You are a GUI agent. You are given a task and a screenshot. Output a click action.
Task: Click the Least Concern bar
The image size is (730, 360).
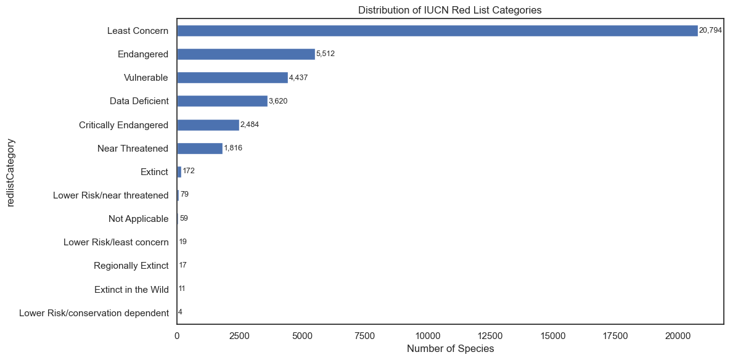(437, 31)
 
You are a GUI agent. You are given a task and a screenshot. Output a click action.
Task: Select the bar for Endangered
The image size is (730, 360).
(246, 54)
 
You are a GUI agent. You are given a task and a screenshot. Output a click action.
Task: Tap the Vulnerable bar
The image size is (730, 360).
(232, 78)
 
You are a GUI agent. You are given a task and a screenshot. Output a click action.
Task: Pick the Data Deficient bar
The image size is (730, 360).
(222, 101)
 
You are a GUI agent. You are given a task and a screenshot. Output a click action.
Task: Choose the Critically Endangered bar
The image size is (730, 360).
(208, 125)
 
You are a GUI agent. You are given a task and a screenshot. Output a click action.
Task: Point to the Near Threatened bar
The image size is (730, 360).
(200, 149)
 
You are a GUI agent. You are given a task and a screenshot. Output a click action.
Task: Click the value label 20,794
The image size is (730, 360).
(710, 31)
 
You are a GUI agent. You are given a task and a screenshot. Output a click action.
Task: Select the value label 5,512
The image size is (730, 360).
(325, 54)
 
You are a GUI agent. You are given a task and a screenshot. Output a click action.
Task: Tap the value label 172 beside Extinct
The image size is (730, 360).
(189, 171)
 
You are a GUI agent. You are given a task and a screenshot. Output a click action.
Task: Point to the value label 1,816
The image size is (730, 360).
(233, 149)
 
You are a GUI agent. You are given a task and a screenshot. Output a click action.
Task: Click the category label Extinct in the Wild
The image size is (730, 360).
(131, 290)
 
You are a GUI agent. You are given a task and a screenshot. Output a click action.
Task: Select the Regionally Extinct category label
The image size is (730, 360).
(131, 266)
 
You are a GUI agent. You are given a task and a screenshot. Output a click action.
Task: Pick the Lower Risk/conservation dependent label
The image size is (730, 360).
(94, 313)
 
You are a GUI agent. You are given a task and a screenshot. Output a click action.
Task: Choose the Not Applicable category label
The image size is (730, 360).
(138, 219)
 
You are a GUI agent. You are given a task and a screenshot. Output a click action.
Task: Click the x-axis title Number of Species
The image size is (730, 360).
(450, 349)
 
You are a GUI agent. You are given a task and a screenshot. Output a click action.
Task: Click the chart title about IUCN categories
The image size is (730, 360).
(449, 9)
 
